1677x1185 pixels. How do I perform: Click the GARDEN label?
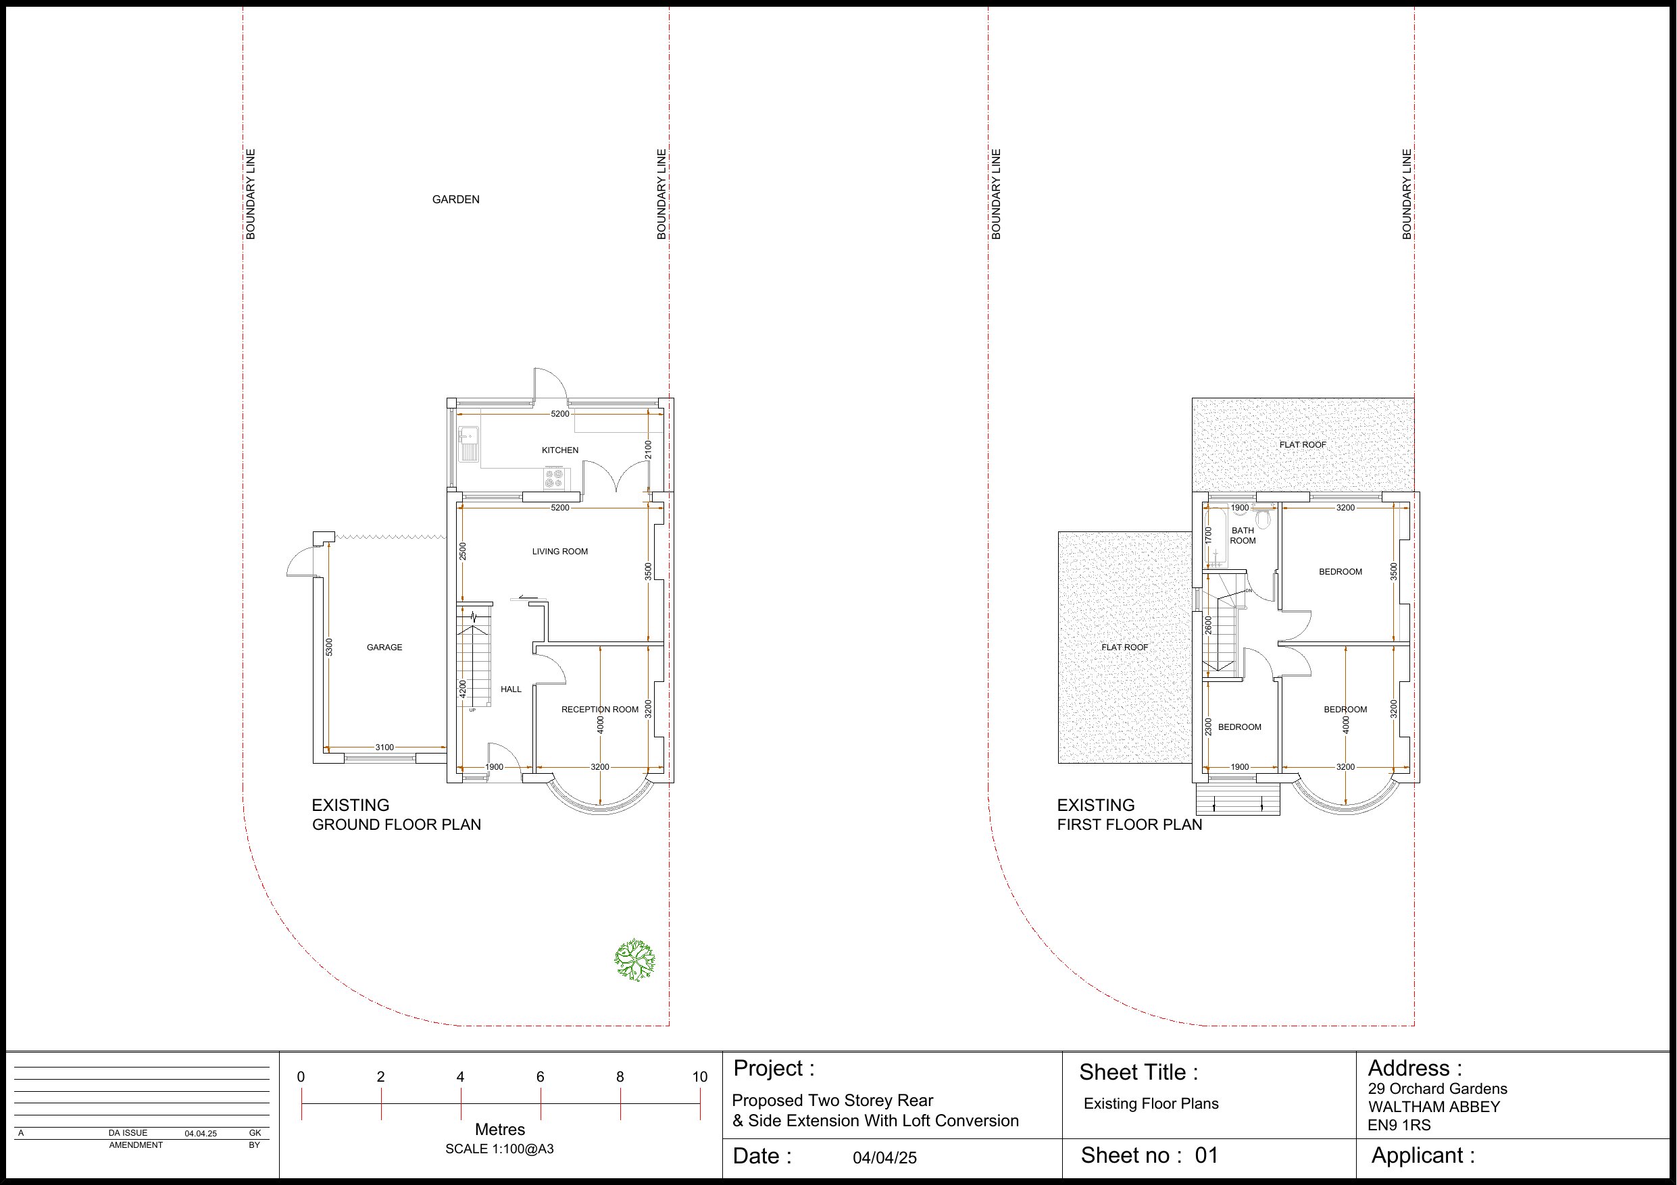[456, 199]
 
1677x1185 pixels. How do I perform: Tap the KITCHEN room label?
[560, 450]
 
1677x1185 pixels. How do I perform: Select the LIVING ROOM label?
[560, 551]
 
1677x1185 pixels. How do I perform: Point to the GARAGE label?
[384, 647]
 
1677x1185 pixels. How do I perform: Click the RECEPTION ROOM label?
[600, 709]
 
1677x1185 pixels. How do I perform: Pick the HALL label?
[511, 689]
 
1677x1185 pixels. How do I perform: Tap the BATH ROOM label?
[1243, 536]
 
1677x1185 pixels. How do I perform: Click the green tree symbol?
[634, 959]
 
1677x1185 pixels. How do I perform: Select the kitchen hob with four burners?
[554, 478]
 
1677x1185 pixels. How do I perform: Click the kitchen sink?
[468, 443]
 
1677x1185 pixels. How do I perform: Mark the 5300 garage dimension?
[330, 647]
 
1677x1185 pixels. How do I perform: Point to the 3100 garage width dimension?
[384, 747]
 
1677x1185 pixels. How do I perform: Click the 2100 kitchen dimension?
[649, 450]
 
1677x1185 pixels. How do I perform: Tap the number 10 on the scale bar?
[700, 1076]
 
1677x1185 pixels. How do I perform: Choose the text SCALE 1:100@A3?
[499, 1149]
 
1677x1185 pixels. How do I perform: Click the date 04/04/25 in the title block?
[884, 1158]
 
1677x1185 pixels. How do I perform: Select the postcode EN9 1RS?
[1399, 1125]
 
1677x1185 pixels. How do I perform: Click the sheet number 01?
[1207, 1155]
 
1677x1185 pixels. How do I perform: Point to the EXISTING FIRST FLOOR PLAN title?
[1129, 815]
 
